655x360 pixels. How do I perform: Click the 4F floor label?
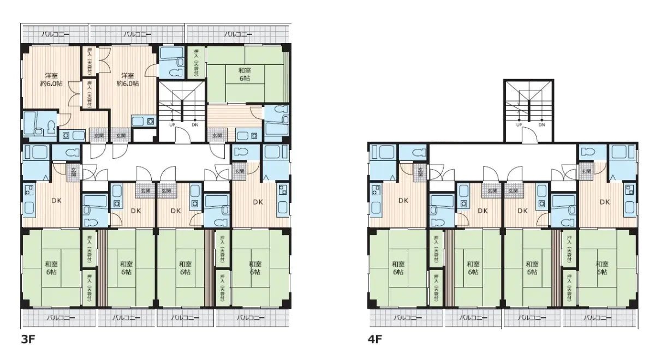point(374,339)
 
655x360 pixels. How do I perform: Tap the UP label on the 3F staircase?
point(172,125)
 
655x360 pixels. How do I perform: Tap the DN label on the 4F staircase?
point(542,125)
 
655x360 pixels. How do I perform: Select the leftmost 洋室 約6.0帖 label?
point(52,79)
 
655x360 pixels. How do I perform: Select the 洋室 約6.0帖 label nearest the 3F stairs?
point(128,79)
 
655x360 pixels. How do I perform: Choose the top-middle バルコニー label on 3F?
point(136,34)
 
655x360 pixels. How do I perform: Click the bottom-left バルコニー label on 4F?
point(405,317)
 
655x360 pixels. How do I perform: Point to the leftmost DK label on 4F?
point(403,200)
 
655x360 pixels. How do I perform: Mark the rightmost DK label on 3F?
point(258,202)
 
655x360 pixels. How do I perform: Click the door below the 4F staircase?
point(529,137)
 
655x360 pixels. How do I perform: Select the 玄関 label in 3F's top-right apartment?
point(217,135)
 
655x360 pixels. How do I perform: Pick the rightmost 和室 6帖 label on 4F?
point(603,267)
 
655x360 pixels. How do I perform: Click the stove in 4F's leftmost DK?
point(377,192)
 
